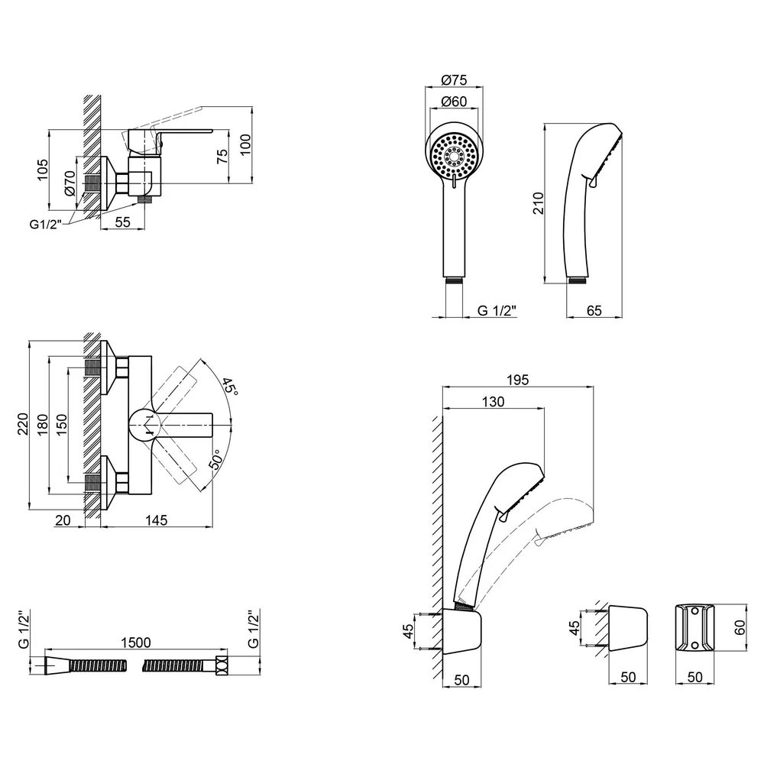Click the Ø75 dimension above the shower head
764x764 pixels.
point(454,79)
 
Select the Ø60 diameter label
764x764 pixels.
point(454,102)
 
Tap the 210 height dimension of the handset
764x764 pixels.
point(538,203)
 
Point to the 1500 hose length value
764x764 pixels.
point(136,643)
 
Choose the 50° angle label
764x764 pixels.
point(216,459)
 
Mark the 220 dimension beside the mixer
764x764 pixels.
point(22,424)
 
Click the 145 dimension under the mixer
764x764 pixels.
point(156,520)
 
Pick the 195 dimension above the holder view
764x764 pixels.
point(517,380)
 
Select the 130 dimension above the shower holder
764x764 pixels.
point(493,402)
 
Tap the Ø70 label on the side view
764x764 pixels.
point(70,183)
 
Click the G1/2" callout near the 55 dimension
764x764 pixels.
point(46,224)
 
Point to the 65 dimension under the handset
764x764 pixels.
point(594,310)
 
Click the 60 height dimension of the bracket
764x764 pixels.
point(740,627)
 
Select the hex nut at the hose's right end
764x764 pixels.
point(222,665)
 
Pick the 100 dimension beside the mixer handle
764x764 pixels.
point(245,144)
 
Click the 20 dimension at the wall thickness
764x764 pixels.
point(63,520)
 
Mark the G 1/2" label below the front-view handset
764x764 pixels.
point(497,310)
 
